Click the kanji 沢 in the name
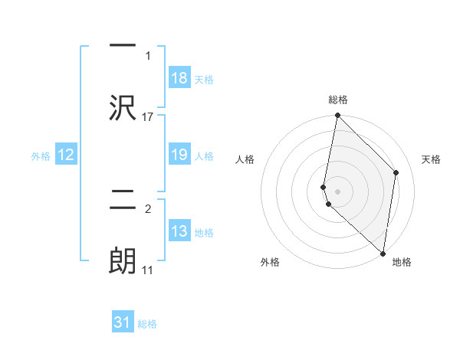pos(123,108)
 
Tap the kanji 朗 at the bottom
pos(123,260)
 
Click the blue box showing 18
pos(179,78)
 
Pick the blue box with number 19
pos(179,155)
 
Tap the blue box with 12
pos(66,155)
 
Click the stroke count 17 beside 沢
pos(148,116)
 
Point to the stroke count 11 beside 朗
pos(148,270)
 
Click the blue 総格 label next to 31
pos(148,324)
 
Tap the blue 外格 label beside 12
pos(41,156)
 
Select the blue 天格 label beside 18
pos(204,79)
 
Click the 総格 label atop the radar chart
pos(338,100)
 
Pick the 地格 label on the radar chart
pos(402,262)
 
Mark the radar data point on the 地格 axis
pos(383,254)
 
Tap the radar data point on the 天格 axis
pos(396,172)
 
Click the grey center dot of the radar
pos(338,191)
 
